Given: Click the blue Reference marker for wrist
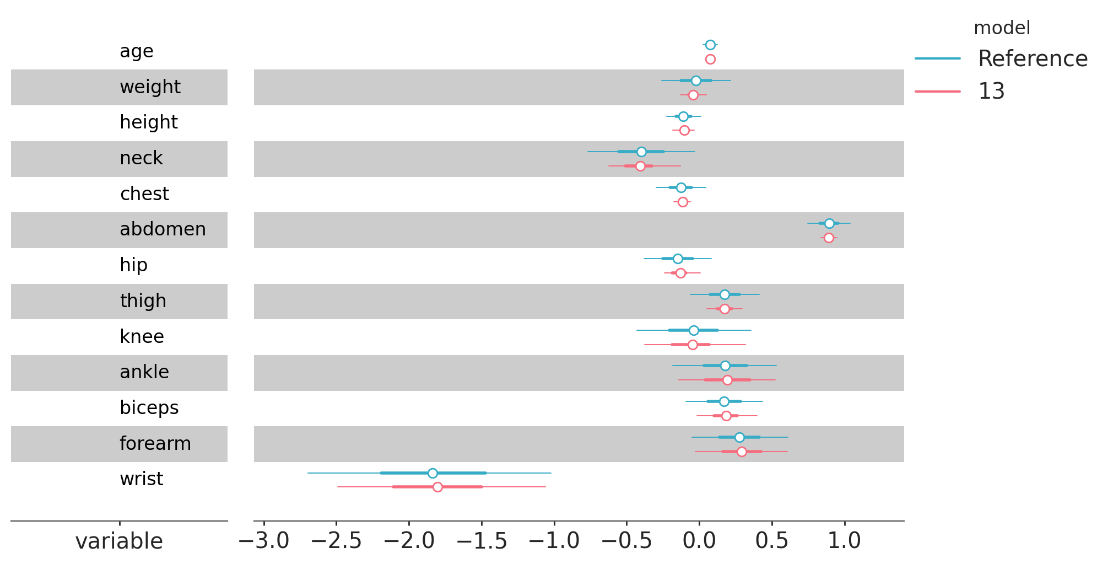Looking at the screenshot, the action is click(433, 473).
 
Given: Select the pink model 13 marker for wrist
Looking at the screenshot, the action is click(437, 487).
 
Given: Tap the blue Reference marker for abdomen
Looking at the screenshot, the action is click(829, 223).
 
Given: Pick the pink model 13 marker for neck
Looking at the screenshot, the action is click(640, 166).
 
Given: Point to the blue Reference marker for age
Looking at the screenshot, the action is click(710, 45).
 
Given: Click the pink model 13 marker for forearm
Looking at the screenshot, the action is click(742, 452).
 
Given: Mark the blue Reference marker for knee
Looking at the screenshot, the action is click(694, 330).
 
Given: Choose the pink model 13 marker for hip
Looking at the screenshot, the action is click(680, 273).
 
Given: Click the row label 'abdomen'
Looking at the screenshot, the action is click(163, 229).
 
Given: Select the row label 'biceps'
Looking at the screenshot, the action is click(149, 408).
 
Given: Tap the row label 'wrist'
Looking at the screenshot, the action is click(142, 479).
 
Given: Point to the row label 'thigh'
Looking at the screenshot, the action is click(143, 301).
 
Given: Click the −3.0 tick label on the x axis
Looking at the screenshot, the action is click(264, 541).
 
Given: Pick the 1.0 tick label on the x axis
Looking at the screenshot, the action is click(845, 541).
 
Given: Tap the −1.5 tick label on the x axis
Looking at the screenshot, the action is click(482, 541).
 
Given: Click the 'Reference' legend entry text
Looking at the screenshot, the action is click(1033, 58).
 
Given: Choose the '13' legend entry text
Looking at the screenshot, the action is click(991, 91).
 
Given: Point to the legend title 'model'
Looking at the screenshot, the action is click(1002, 28).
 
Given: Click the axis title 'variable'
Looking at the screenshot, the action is click(119, 541).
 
